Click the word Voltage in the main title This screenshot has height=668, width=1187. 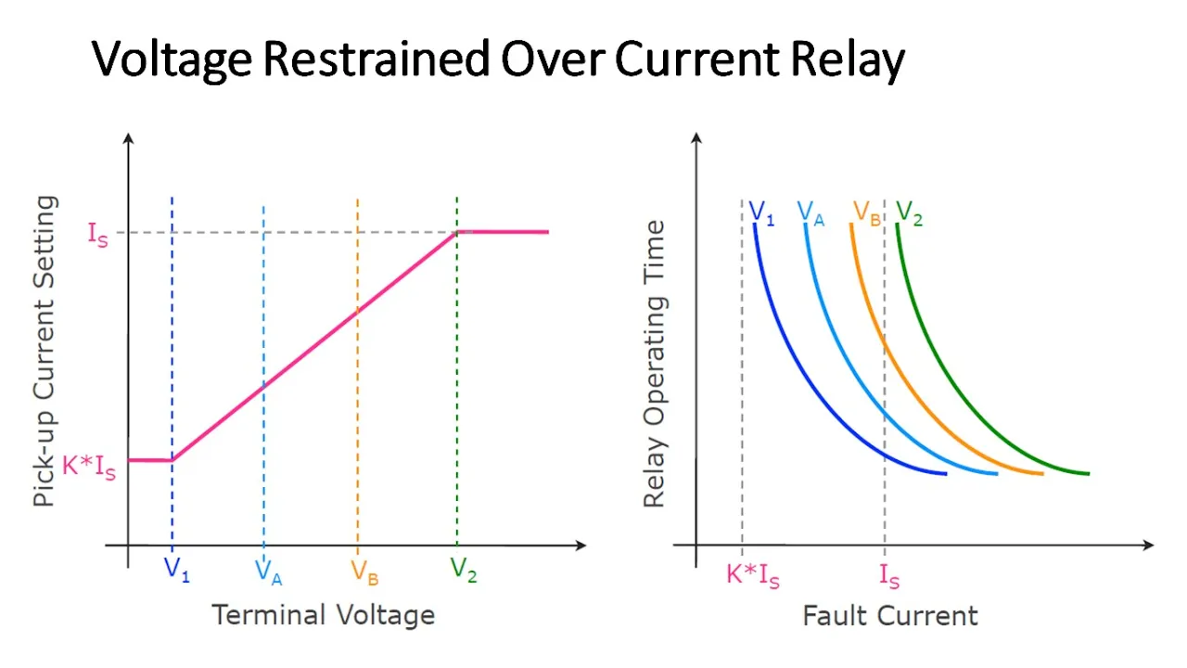[x=172, y=59]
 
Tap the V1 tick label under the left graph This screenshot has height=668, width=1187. [x=176, y=571]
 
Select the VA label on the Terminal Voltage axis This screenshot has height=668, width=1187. [x=268, y=572]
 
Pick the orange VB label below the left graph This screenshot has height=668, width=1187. [x=364, y=572]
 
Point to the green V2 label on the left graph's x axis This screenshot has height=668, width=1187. [x=464, y=571]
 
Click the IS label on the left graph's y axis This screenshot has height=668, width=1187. [x=98, y=235]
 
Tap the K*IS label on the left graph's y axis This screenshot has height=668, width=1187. [x=89, y=468]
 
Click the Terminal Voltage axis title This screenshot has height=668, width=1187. [x=324, y=615]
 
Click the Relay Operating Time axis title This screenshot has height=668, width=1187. [x=655, y=364]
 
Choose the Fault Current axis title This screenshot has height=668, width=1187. [x=890, y=616]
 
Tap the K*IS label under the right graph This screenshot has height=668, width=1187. [x=753, y=576]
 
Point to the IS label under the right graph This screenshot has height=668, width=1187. [x=889, y=576]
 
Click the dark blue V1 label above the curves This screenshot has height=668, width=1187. [x=761, y=213]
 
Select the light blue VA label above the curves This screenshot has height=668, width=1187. [x=810, y=213]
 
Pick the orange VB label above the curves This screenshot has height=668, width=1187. [x=866, y=213]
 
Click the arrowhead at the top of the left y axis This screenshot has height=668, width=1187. [x=128, y=138]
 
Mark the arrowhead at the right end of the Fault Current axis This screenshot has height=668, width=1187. [x=1148, y=545]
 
